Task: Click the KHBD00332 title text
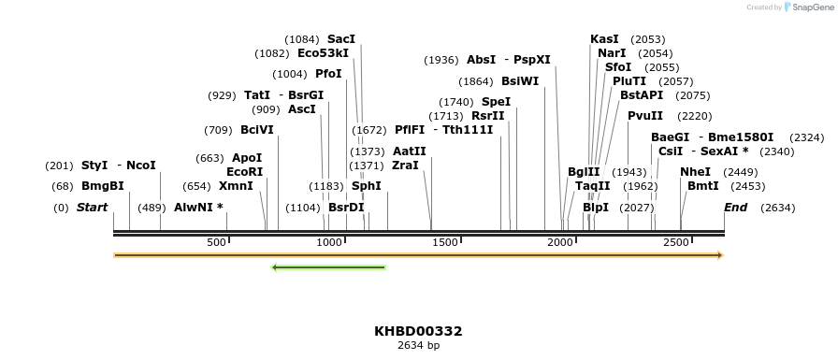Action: [x=418, y=331]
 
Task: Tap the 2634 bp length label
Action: [x=418, y=346]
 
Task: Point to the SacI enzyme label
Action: [x=341, y=39]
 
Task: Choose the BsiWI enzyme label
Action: [x=520, y=81]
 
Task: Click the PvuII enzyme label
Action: [x=645, y=116]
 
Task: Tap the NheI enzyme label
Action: [x=695, y=172]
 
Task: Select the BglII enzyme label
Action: [x=584, y=172]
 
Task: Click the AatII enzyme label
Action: [x=410, y=151]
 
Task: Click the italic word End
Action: [x=735, y=207]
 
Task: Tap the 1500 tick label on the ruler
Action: [x=445, y=243]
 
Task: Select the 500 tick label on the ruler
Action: [x=216, y=243]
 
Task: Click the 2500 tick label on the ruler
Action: [x=676, y=243]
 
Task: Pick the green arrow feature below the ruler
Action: [x=328, y=267]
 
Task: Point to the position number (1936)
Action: [x=441, y=60]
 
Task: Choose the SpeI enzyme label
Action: [x=497, y=102]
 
